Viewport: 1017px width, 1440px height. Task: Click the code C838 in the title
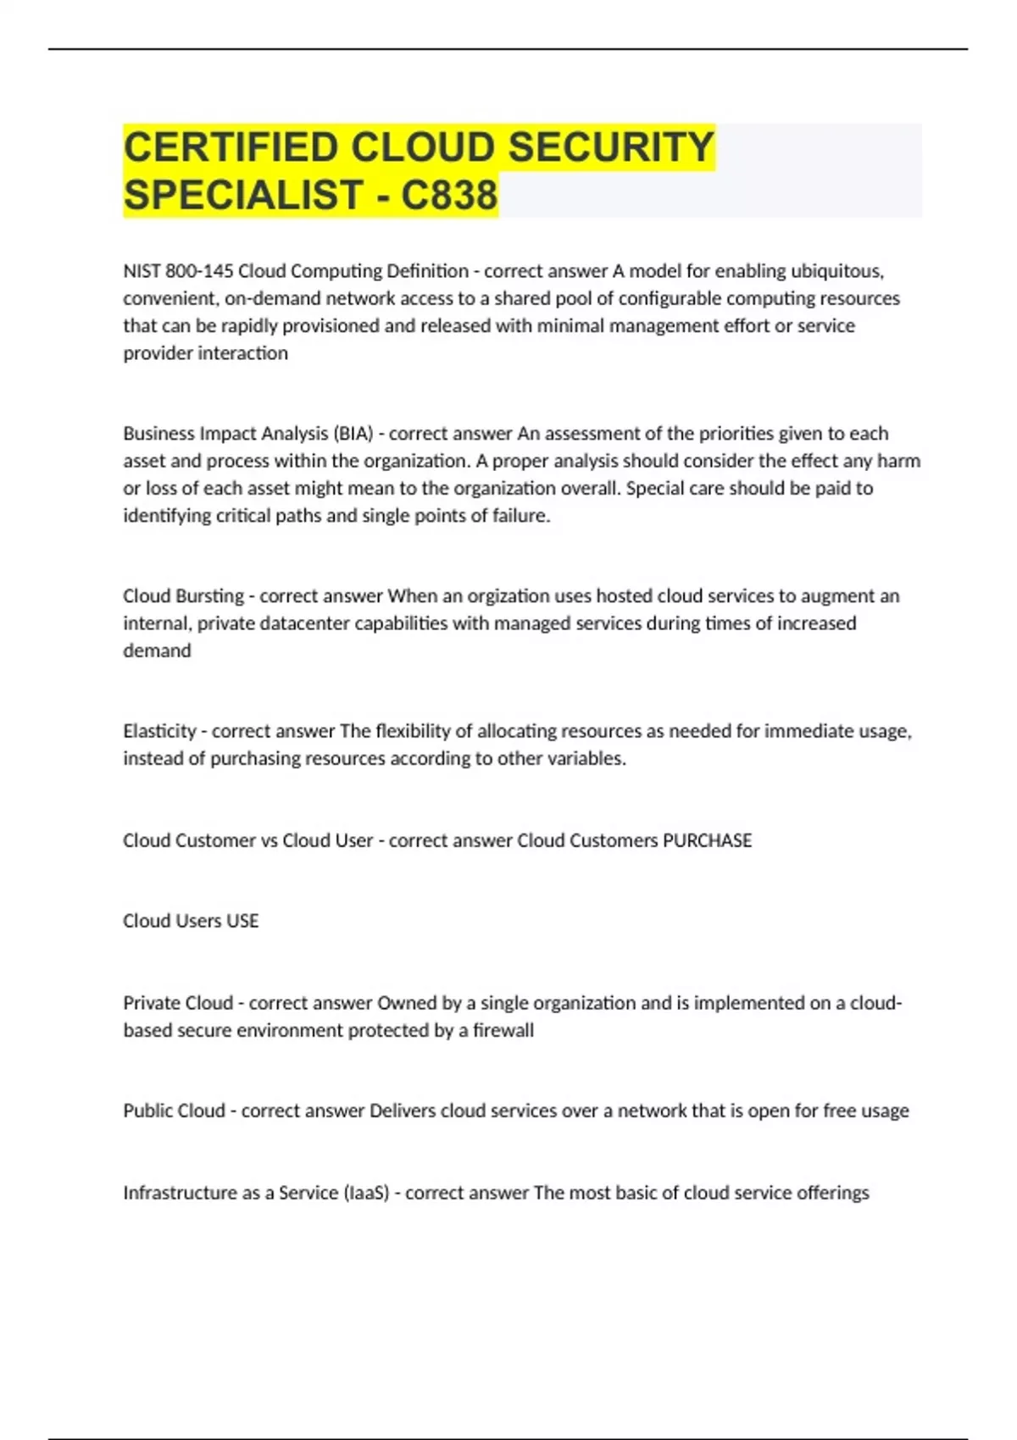pyautogui.click(x=449, y=195)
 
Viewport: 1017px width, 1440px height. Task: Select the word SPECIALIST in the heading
pyautogui.click(x=244, y=195)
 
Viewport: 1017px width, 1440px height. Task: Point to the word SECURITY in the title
pyautogui.click(x=611, y=147)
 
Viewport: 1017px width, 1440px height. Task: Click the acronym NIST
pyautogui.click(x=142, y=271)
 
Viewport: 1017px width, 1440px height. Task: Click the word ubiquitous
pyautogui.click(x=836, y=271)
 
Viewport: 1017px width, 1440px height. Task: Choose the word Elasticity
pyautogui.click(x=159, y=731)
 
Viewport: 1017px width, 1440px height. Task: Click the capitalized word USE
pyautogui.click(x=242, y=921)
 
